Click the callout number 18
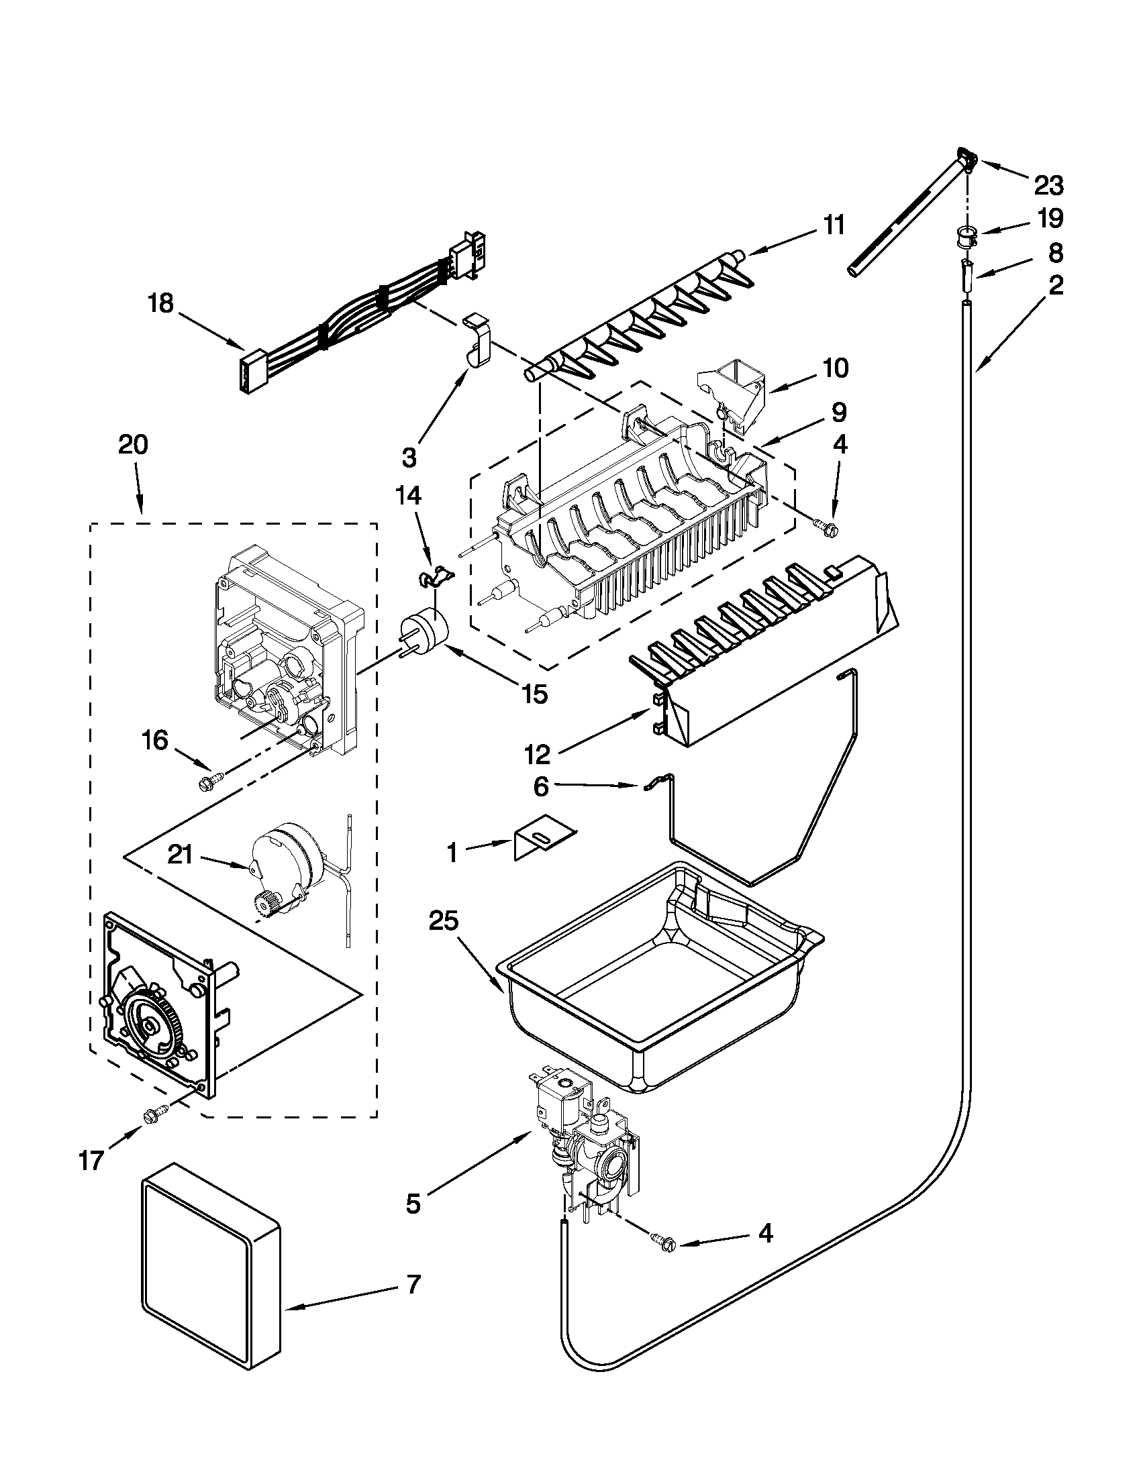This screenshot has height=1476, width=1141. [x=161, y=303]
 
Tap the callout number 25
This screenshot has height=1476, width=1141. [x=443, y=921]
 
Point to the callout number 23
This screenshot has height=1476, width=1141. [x=1048, y=184]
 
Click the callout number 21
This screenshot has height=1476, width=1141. [x=181, y=855]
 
